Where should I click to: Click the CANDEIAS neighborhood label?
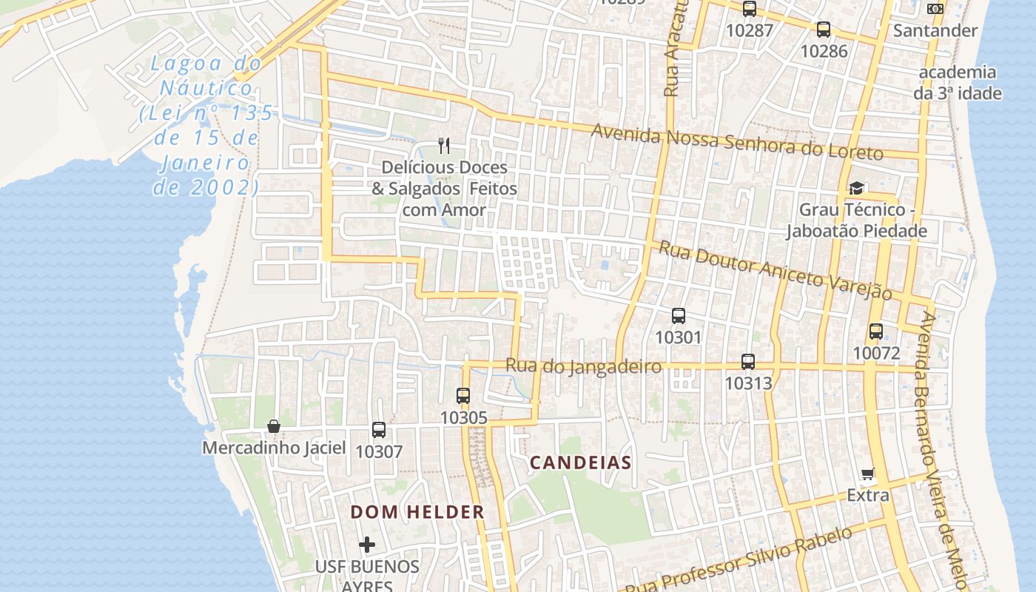pyautogui.click(x=580, y=463)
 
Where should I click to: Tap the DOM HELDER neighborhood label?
pyautogui.click(x=417, y=511)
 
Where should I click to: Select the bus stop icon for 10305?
pyautogui.click(x=463, y=396)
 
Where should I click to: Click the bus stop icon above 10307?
pyautogui.click(x=379, y=430)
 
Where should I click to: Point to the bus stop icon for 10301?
pyautogui.click(x=679, y=316)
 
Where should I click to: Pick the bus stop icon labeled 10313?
pyautogui.click(x=748, y=362)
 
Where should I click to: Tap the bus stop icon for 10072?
pyautogui.click(x=876, y=332)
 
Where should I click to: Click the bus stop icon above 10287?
pyautogui.click(x=750, y=9)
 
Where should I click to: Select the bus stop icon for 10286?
pyautogui.click(x=824, y=30)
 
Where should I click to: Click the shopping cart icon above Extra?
pyautogui.click(x=868, y=474)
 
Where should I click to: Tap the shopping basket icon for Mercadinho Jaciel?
pyautogui.click(x=274, y=426)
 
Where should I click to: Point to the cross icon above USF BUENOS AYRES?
pyautogui.click(x=367, y=545)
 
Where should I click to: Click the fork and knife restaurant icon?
pyautogui.click(x=444, y=146)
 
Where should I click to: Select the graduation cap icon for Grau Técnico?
pyautogui.click(x=857, y=188)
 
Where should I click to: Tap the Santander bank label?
pyautogui.click(x=935, y=30)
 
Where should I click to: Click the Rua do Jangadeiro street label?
pyautogui.click(x=583, y=366)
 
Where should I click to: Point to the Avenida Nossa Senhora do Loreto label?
pyautogui.click(x=737, y=142)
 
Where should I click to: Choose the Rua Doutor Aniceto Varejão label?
pyautogui.click(x=776, y=269)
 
